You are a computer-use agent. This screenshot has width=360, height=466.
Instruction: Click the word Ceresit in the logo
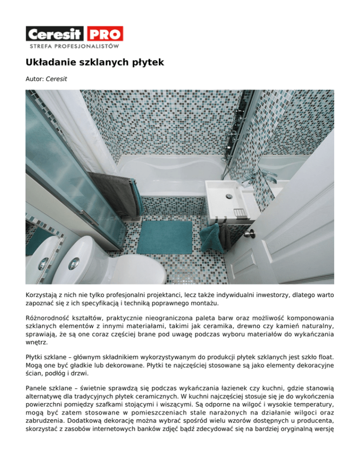54,34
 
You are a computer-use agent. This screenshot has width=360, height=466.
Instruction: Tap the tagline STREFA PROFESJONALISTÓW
74,46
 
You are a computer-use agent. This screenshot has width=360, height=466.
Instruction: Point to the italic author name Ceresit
56,79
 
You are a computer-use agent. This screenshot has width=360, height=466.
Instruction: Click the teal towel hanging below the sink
210,237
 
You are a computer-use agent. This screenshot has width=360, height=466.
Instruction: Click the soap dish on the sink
240,213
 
